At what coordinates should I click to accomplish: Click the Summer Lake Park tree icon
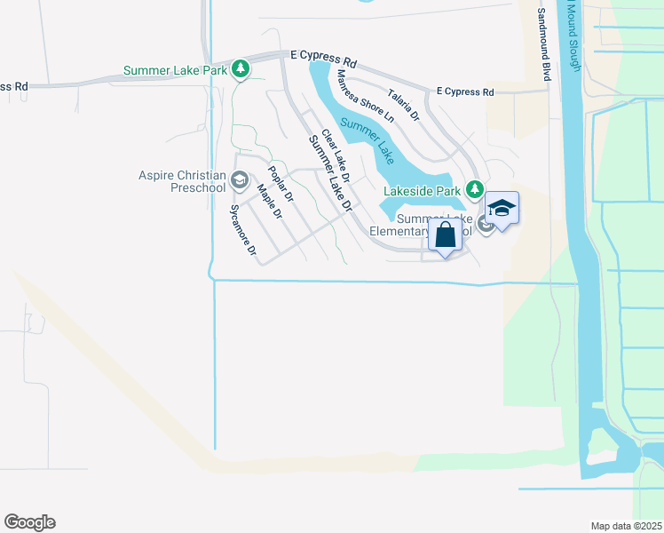coord(240,69)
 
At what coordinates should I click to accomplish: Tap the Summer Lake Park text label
coord(176,70)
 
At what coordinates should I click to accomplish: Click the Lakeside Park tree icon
coord(475,189)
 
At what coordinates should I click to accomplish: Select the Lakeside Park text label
coord(422,190)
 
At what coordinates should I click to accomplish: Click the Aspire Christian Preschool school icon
coord(238,181)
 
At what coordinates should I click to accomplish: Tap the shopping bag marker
coord(445,236)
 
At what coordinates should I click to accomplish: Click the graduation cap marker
coord(502,210)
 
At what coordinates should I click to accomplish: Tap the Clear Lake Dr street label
coord(336,156)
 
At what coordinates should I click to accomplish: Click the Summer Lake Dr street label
coord(330,172)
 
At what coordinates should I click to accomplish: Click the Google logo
coord(29,522)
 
